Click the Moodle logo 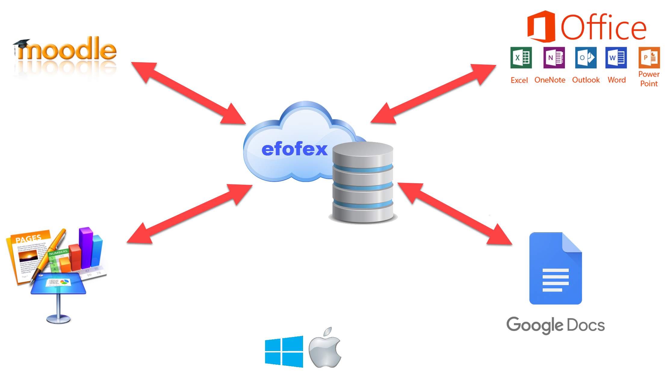tap(65, 59)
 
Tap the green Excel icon tap(521, 57)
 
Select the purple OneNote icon tap(554, 57)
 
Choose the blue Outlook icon tap(585, 57)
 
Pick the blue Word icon tap(616, 57)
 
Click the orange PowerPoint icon tap(649, 57)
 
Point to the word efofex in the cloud tap(294, 149)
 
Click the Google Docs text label tap(555, 325)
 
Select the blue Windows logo tap(284, 351)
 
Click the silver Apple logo tap(325, 349)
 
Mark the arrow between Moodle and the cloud tap(188, 94)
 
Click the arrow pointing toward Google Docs tap(454, 214)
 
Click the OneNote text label tap(550, 80)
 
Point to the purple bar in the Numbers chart tap(85, 247)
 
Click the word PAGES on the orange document tap(28, 239)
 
